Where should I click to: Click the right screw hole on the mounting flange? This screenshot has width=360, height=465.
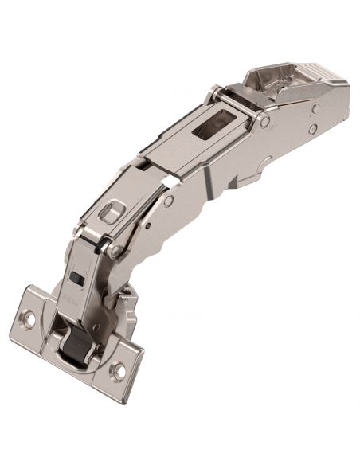[120, 369]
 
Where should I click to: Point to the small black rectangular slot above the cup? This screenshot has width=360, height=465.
[76, 278]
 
